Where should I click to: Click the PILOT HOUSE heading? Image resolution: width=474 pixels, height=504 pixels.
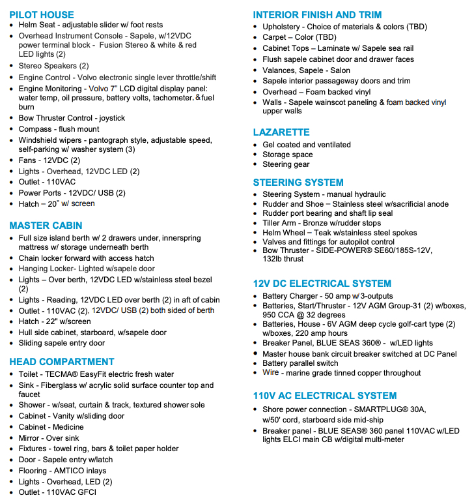(x=42, y=14)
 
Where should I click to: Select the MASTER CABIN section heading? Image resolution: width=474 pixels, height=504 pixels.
(x=46, y=226)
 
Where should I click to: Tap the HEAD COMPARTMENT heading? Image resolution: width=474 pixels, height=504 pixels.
(x=61, y=362)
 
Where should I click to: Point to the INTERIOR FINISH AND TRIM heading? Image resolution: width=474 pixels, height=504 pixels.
(x=317, y=14)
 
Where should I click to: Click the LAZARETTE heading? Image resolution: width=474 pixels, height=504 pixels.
(x=281, y=132)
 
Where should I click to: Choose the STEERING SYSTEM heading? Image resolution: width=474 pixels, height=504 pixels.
(x=298, y=182)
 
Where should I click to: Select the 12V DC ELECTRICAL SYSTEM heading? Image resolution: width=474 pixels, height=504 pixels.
(x=322, y=284)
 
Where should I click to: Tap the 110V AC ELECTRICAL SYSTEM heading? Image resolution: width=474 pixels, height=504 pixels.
(x=325, y=396)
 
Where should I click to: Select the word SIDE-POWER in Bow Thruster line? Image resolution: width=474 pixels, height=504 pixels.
(x=344, y=250)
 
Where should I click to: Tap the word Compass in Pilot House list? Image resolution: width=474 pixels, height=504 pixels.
(x=35, y=129)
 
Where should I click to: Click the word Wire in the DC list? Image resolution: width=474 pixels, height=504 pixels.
(x=271, y=373)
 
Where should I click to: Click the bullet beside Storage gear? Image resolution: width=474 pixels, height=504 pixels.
(x=256, y=165)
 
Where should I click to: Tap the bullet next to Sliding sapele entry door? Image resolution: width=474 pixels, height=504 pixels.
(x=12, y=344)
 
